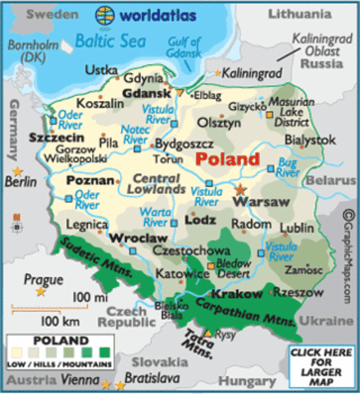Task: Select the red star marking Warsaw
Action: click(x=240, y=190)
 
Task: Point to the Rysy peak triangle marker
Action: click(x=209, y=332)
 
